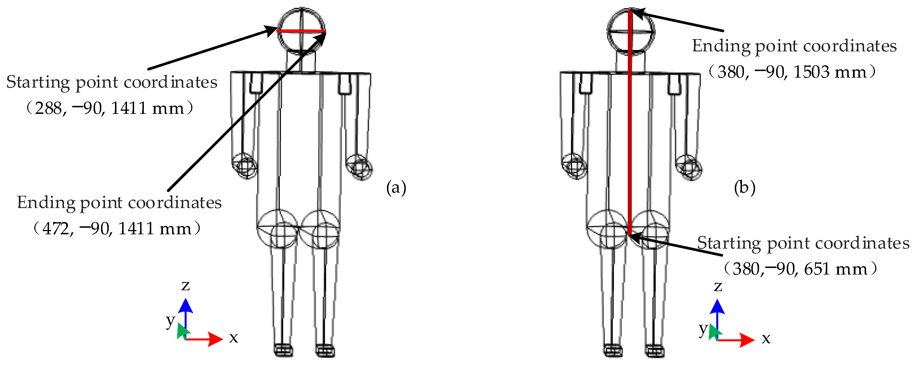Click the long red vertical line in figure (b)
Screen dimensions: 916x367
[x=630, y=142]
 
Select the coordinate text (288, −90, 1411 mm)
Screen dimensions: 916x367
[x=110, y=108]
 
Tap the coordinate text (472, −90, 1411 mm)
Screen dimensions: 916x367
[x=117, y=228]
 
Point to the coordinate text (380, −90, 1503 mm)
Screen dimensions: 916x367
[x=792, y=72]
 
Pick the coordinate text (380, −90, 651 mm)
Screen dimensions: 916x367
[x=800, y=269]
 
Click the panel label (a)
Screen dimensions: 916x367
[x=396, y=187]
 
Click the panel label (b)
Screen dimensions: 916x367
[x=744, y=187]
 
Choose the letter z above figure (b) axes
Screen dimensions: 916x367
[x=718, y=286]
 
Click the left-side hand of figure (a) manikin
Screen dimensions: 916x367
[x=244, y=166]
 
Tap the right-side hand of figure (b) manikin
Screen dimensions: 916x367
[x=689, y=167]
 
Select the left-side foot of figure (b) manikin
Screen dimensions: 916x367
[x=613, y=351]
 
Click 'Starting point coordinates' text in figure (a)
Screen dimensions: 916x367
[x=112, y=82]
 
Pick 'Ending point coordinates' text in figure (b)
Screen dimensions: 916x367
[x=794, y=46]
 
